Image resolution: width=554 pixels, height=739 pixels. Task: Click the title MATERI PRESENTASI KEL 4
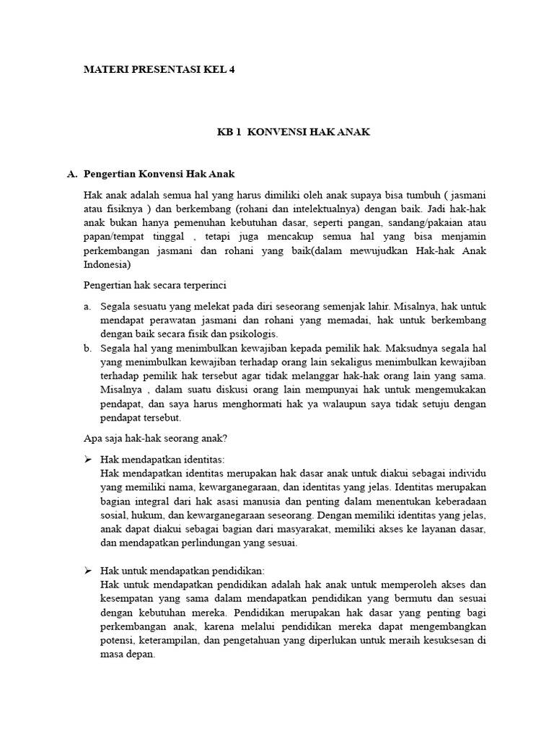coord(159,69)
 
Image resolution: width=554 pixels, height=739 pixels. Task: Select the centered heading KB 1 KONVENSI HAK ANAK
coord(295,134)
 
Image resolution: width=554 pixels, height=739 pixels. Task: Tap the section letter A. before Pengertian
coord(71,175)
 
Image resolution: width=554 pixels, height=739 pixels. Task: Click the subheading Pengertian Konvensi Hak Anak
coord(159,175)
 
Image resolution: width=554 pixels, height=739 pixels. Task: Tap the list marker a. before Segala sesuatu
coord(87,307)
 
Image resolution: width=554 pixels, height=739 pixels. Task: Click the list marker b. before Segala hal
coord(87,348)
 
